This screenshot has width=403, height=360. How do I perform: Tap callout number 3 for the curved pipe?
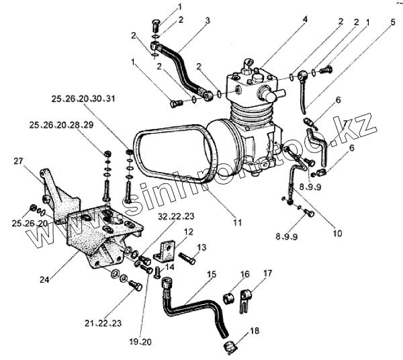(207, 20)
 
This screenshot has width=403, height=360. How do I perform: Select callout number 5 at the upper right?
(393, 21)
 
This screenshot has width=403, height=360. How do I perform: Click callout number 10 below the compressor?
(337, 234)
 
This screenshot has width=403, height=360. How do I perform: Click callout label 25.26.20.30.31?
(83, 99)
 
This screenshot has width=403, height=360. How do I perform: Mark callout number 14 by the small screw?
(170, 267)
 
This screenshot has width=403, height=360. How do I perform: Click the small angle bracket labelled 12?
(165, 253)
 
